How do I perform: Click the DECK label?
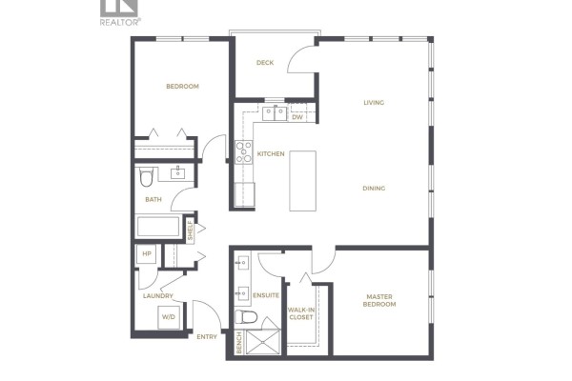point(265,63)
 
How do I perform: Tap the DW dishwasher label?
point(297,117)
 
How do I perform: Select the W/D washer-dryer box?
point(169,317)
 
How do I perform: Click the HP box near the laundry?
point(146,253)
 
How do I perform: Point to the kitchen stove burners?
point(244,152)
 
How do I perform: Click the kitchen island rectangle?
point(302,181)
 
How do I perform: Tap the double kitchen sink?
point(275,113)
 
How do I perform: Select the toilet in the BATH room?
point(146,177)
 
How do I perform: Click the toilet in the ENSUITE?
point(246,316)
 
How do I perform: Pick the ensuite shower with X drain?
point(263,342)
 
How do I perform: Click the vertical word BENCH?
point(239,342)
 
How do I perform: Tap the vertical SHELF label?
point(190,231)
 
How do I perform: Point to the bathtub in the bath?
point(158,227)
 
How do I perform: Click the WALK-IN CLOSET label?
point(301,313)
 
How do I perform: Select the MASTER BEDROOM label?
point(379,300)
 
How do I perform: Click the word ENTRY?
point(207,337)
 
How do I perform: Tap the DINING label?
point(374,189)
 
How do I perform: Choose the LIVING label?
point(374,103)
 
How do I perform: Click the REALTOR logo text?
point(120,22)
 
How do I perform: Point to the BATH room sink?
point(178,173)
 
